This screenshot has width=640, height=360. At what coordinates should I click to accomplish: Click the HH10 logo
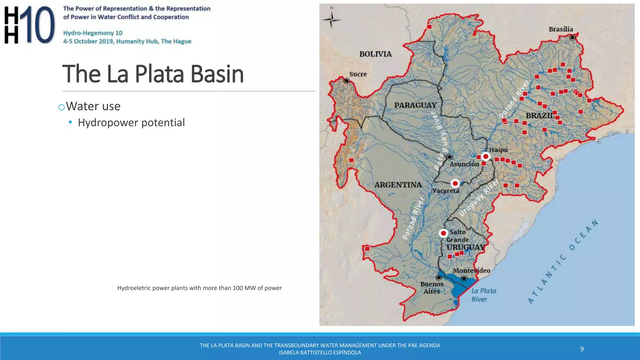(29, 25)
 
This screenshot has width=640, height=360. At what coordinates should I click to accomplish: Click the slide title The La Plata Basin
(153, 74)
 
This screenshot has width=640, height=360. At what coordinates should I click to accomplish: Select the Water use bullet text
(93, 106)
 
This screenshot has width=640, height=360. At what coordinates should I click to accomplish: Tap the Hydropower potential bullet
(131, 122)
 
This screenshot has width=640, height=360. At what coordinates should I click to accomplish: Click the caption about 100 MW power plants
(199, 288)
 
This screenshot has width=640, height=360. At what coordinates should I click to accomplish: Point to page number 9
(582, 349)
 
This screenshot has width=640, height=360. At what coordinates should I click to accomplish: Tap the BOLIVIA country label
(375, 54)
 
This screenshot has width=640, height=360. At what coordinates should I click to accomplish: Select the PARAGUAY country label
(415, 105)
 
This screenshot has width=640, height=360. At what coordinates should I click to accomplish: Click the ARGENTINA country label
(398, 185)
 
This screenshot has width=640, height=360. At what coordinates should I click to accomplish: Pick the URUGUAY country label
(465, 247)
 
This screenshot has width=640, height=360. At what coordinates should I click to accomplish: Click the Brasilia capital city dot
(572, 37)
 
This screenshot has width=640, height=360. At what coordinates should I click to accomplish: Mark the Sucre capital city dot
(347, 81)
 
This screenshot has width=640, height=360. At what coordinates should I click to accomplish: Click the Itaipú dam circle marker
(486, 156)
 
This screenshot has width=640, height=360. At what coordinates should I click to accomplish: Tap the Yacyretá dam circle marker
(455, 183)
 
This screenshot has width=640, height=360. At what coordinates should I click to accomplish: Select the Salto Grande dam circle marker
(443, 233)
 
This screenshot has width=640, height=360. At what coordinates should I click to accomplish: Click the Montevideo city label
(471, 271)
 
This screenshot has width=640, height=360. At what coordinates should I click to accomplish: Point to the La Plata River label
(483, 295)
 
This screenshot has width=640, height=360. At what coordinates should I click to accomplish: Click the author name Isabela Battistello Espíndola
(320, 352)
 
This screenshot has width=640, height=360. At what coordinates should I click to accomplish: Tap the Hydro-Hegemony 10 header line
(93, 33)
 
